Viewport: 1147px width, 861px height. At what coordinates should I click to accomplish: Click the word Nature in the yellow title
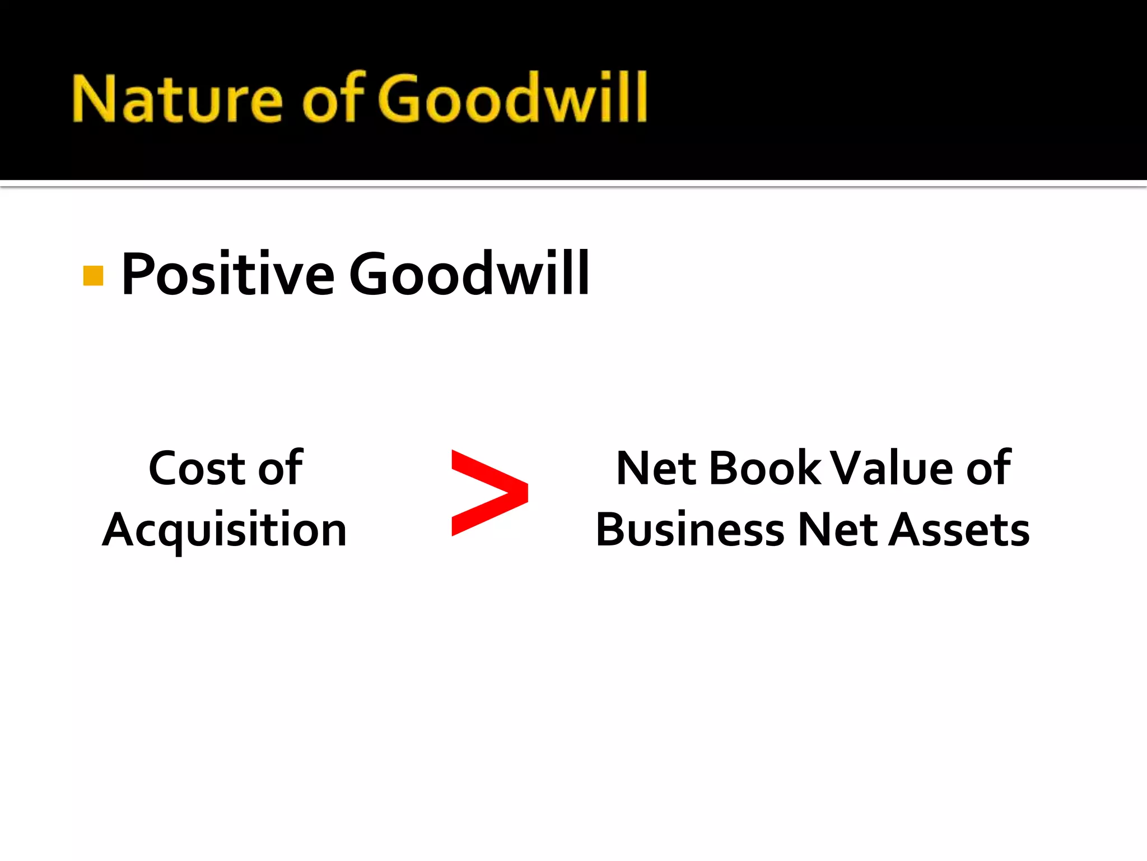[x=177, y=100]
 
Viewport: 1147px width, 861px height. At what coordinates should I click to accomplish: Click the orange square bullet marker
[x=93, y=276]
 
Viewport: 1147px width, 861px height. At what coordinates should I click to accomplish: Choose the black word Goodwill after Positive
[x=469, y=274]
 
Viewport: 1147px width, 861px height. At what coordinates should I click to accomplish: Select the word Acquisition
[x=225, y=530]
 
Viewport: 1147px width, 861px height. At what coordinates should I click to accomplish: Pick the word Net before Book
[x=656, y=469]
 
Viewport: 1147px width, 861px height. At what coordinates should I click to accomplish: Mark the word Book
[x=765, y=469]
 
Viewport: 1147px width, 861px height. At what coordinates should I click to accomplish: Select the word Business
[x=690, y=530]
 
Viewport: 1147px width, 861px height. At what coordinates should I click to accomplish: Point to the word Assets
[x=959, y=530]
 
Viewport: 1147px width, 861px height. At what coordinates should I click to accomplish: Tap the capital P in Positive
[x=138, y=274]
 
